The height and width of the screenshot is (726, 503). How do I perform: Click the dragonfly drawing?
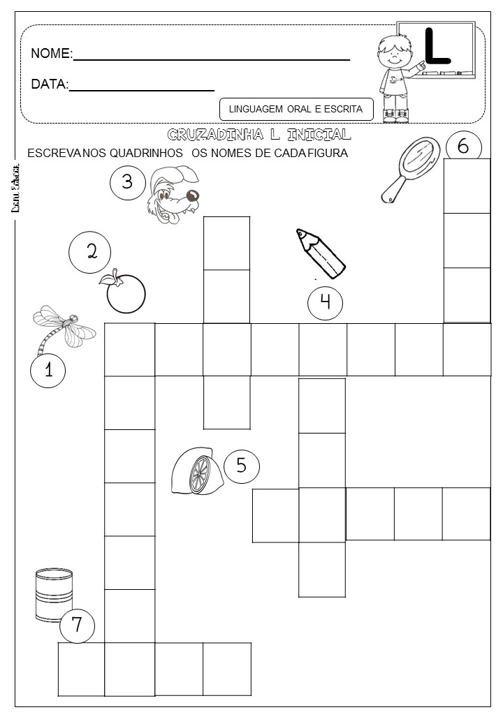(x=63, y=326)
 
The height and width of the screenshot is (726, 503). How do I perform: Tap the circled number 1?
(x=48, y=370)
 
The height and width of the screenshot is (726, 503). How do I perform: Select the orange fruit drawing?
(x=125, y=291)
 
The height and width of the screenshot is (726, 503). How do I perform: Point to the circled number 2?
(x=91, y=252)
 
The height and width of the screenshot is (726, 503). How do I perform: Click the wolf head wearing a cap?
(x=174, y=195)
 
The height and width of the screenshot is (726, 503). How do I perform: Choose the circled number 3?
(x=127, y=182)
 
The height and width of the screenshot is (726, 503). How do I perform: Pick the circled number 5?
(x=242, y=466)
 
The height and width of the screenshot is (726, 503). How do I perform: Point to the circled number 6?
(x=462, y=147)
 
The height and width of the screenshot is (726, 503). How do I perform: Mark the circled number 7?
(x=77, y=625)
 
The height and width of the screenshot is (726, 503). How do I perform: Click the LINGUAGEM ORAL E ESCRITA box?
(x=296, y=109)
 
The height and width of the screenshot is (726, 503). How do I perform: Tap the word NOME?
(x=51, y=54)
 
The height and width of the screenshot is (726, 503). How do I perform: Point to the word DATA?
(x=49, y=84)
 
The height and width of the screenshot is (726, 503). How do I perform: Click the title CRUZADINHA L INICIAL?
(x=259, y=134)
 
